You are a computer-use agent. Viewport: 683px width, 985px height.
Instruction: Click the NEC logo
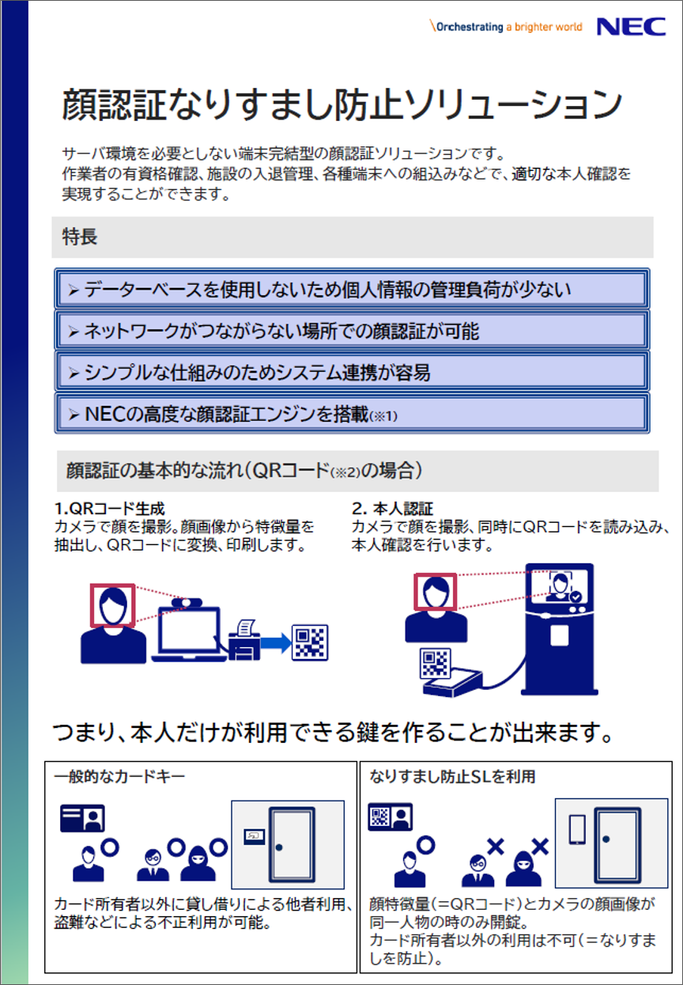click(631, 27)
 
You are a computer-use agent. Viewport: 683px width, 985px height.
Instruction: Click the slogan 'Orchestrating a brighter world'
click(506, 27)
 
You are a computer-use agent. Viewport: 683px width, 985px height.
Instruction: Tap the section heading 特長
click(80, 237)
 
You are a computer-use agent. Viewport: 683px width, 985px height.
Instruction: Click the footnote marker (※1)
click(383, 416)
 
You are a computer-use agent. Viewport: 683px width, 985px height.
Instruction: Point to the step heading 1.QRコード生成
click(109, 509)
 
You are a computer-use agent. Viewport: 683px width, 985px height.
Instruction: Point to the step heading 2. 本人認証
click(392, 509)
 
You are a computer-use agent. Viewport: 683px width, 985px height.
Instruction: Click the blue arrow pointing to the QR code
click(276, 643)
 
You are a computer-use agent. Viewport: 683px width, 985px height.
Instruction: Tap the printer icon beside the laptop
click(244, 640)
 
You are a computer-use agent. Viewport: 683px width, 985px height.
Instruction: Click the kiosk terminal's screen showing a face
click(559, 586)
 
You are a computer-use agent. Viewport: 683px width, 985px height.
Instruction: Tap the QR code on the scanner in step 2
click(436, 663)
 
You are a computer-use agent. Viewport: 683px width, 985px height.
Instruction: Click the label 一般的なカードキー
click(119, 777)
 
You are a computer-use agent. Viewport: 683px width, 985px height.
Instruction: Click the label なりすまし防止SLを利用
click(452, 777)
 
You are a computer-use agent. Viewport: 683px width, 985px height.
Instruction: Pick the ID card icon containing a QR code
click(390, 817)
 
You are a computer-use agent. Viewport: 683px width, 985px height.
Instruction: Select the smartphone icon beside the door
click(577, 830)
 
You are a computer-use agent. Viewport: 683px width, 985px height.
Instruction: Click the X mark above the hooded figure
click(540, 847)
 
